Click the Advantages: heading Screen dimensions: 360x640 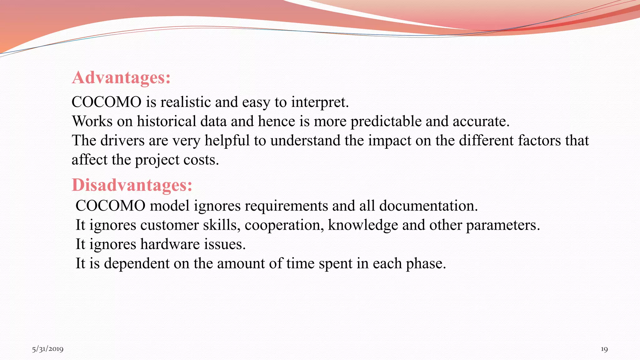121,77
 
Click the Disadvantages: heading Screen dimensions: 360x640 132,185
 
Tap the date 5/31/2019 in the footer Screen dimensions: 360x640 47,349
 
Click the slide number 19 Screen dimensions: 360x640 604,349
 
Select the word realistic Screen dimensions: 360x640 186,102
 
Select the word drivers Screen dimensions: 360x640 122,141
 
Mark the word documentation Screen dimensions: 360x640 428,206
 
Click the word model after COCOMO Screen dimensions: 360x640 169,206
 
